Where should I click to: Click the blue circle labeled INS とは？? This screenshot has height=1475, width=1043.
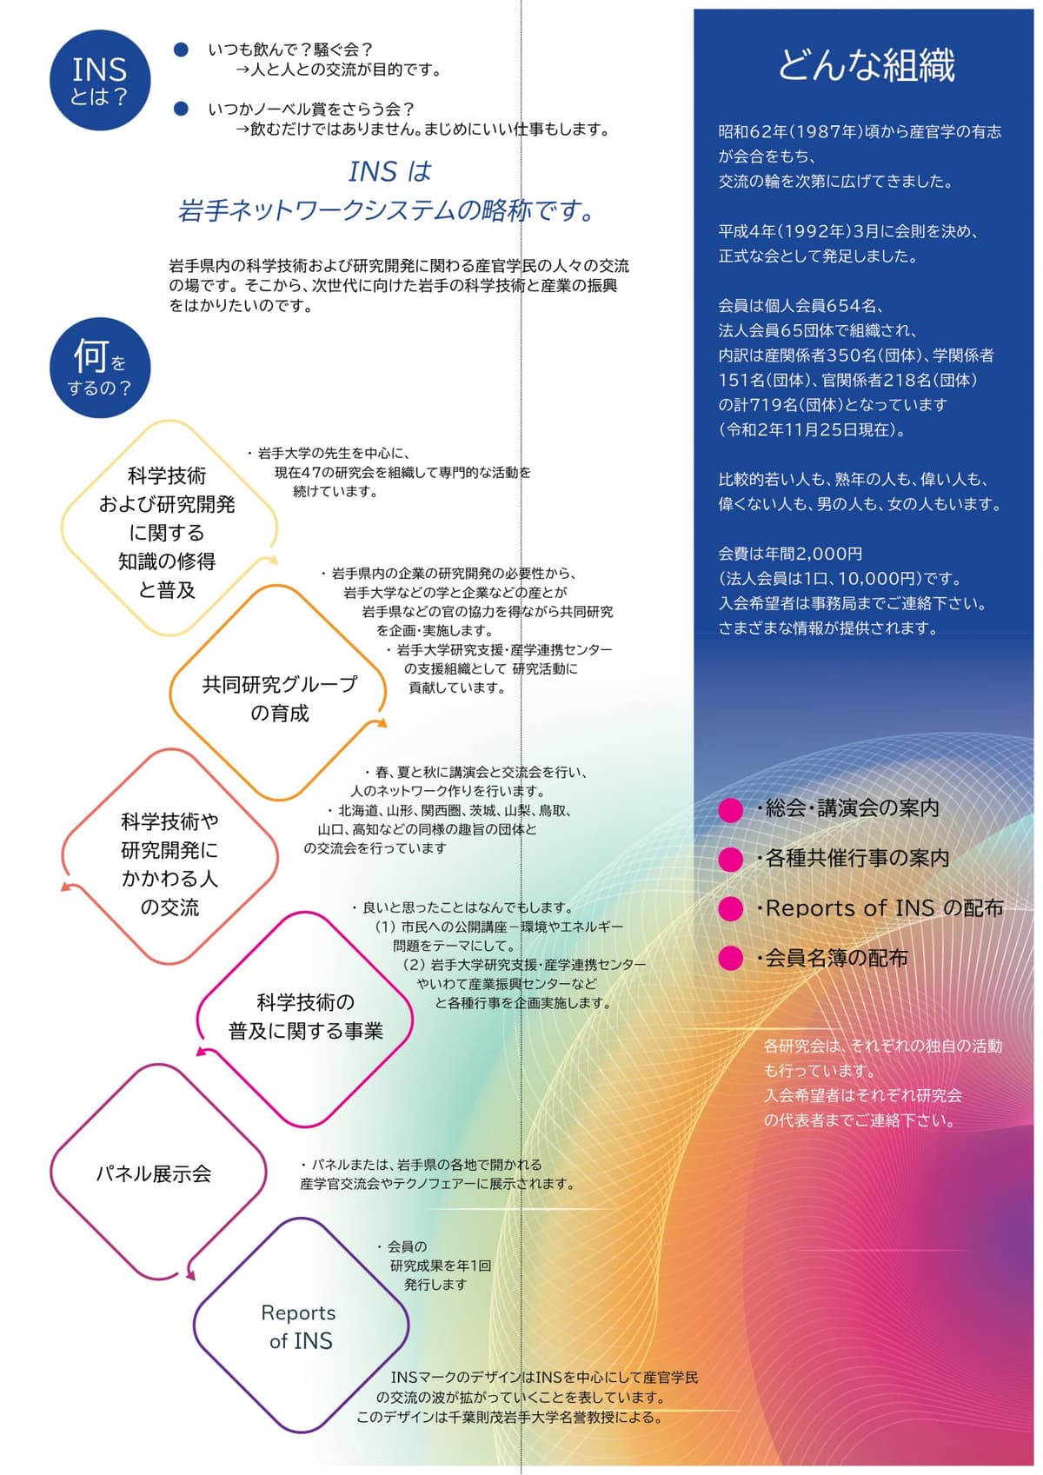[100, 80]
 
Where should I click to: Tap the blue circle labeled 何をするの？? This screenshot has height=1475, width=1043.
[100, 368]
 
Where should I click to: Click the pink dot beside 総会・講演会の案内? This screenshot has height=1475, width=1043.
[730, 810]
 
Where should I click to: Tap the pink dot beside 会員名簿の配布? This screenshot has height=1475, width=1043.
[730, 959]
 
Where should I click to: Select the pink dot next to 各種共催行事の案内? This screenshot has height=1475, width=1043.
[730, 860]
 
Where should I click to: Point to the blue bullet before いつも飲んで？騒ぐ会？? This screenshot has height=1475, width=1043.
[181, 50]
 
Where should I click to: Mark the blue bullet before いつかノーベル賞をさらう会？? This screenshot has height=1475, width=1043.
[181, 109]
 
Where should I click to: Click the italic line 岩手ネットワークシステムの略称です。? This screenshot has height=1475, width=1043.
[387, 211]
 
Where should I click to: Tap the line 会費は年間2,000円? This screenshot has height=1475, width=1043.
[790, 554]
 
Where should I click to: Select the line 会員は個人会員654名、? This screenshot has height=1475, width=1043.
[801, 306]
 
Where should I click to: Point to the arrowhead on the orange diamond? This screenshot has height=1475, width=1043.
[380, 723]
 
